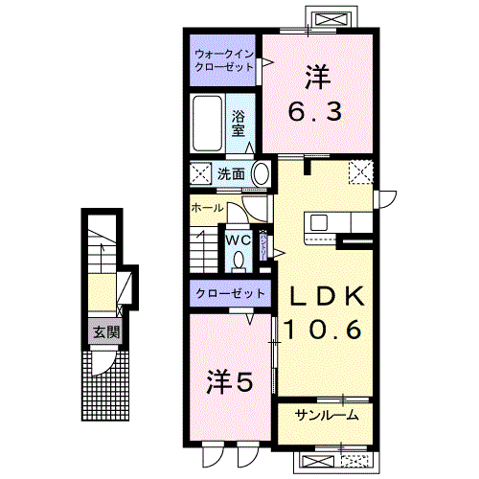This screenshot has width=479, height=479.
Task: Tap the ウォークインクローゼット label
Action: pos(222,59)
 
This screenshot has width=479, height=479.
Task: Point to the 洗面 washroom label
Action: pos(230,174)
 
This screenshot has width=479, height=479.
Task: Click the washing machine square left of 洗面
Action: pos(202,174)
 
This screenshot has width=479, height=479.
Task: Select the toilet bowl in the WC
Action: pos(237,259)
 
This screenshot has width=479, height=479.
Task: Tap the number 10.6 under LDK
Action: pos(321,331)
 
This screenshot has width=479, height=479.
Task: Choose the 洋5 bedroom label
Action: pos(230,383)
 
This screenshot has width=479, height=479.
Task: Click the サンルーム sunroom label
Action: pos(327,415)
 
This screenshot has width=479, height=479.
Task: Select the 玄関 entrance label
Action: pos(105,332)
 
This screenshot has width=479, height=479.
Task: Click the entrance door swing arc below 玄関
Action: pos(106,356)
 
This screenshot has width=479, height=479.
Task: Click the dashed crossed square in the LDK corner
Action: pos(361,172)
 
